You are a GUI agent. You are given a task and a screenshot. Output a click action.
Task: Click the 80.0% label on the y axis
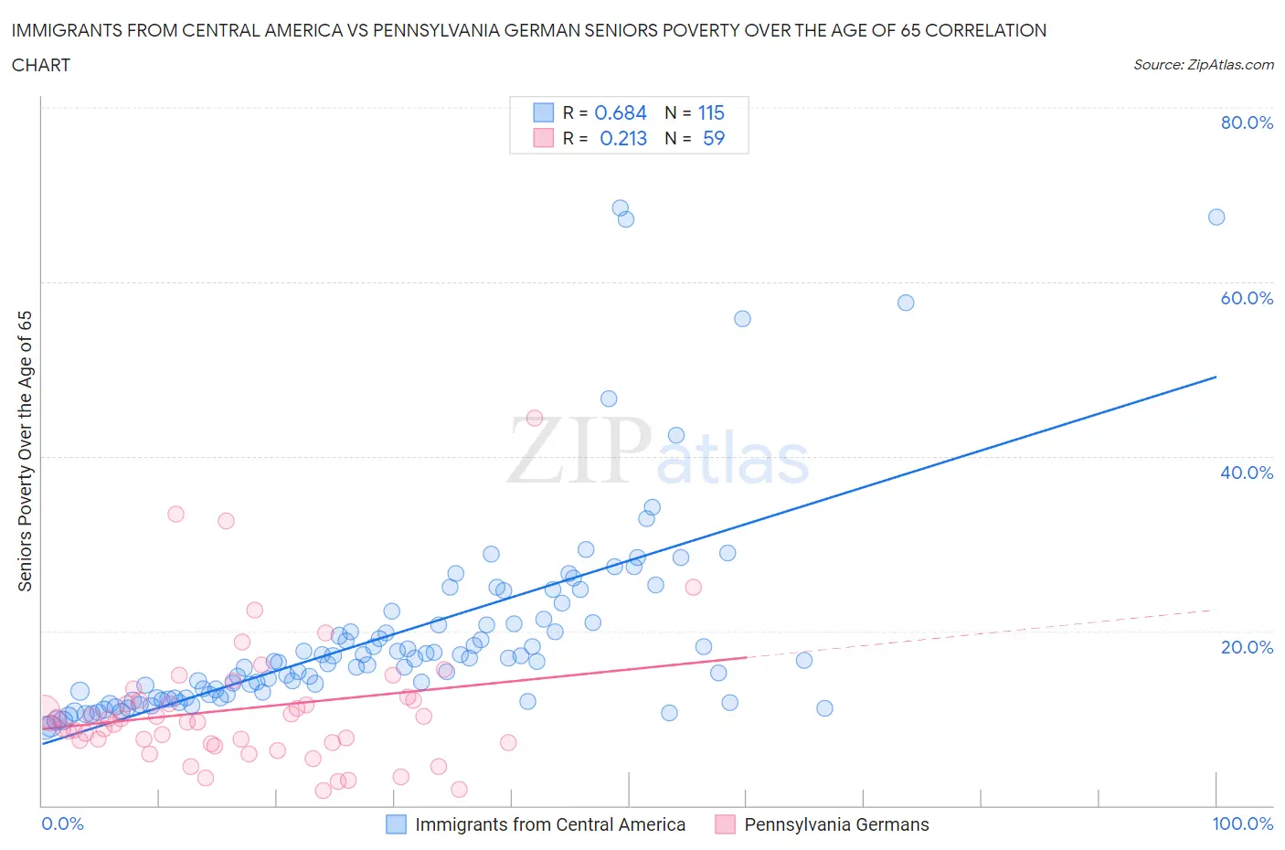[1247, 122]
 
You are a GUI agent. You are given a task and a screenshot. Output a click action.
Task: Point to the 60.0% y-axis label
[1247, 298]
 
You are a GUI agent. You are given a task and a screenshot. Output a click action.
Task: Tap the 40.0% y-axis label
[1247, 473]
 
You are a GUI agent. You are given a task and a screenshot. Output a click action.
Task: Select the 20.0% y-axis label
[1247, 647]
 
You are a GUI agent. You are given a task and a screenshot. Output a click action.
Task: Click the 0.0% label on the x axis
[62, 823]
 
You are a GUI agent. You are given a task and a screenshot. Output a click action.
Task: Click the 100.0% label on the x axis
[1242, 823]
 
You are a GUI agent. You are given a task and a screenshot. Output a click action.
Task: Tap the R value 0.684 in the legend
[621, 112]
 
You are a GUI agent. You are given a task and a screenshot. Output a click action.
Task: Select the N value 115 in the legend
[711, 112]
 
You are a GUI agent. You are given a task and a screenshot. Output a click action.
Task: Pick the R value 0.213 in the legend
[623, 138]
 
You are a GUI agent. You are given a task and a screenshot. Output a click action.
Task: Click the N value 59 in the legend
[714, 138]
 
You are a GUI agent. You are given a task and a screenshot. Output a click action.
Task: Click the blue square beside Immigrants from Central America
[396, 824]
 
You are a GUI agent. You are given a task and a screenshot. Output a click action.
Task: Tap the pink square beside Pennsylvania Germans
[725, 824]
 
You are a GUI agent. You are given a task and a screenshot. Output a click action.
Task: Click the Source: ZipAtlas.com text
[1203, 64]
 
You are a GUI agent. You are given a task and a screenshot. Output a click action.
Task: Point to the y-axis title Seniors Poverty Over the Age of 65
[26, 452]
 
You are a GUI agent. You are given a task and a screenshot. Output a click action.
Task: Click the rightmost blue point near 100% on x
[1216, 217]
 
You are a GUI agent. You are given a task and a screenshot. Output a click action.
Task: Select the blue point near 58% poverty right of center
[906, 303]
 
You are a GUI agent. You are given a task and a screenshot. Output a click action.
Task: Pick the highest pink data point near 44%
[535, 418]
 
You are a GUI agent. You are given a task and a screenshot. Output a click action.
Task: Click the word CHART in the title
[41, 65]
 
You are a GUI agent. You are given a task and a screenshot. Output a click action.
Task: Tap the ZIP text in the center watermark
[579, 451]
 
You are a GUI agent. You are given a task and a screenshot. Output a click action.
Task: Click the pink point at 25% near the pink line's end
[693, 587]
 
